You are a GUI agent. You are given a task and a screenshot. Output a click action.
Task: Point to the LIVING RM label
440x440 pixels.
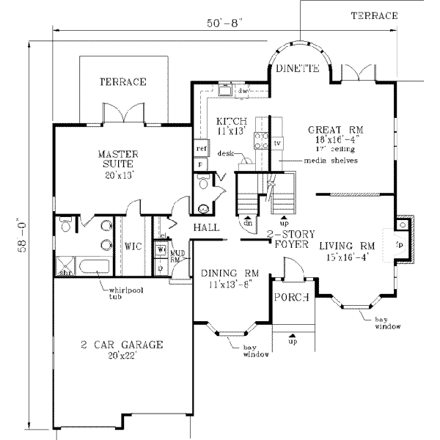(x=347, y=246)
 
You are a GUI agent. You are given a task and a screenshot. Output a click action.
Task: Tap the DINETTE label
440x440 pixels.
(x=297, y=69)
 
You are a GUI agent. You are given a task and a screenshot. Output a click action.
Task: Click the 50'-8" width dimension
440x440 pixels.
(x=224, y=23)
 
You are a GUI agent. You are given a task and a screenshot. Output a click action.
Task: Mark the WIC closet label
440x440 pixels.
(x=133, y=246)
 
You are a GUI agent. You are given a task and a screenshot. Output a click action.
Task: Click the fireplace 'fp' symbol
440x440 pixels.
(x=400, y=241)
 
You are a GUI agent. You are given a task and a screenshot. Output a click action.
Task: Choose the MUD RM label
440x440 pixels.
(x=177, y=256)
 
